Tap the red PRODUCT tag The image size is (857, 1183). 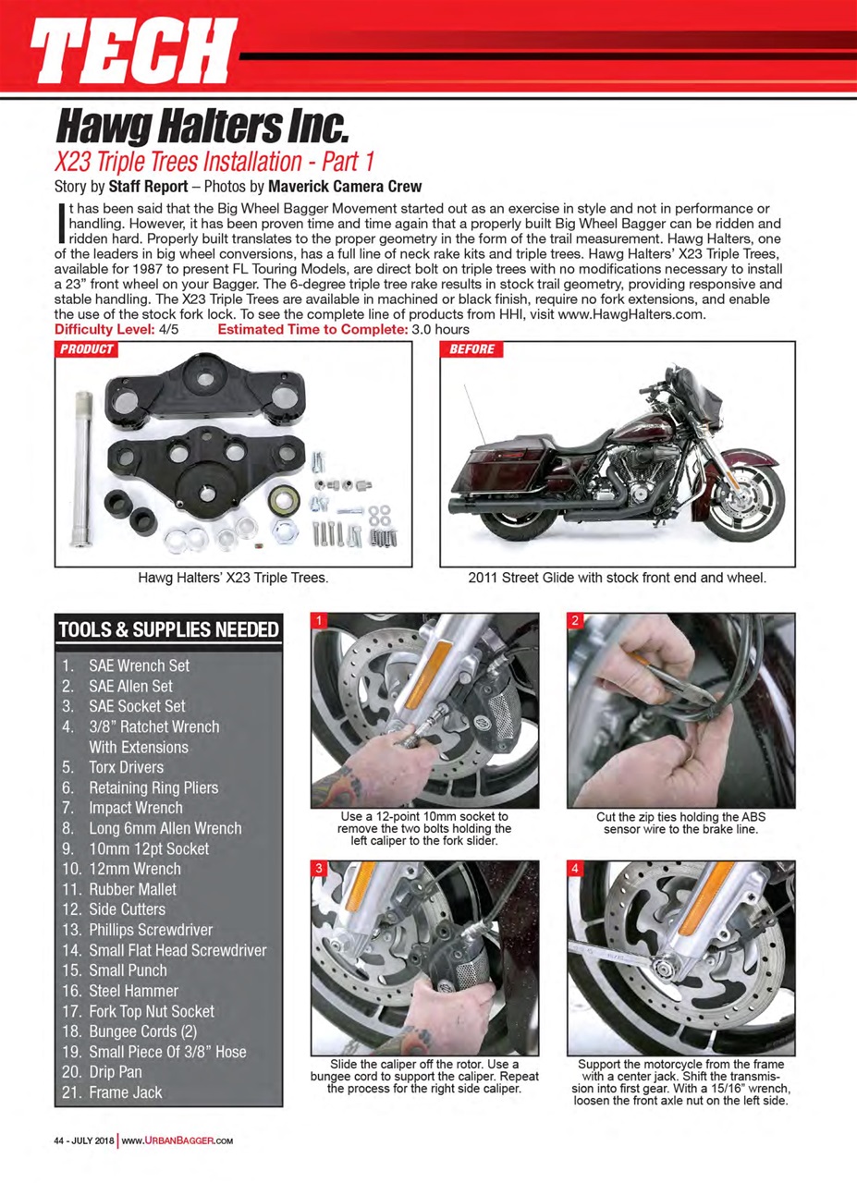[87, 349]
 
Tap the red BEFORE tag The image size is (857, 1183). [471, 349]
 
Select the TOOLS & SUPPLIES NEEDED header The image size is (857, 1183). [168, 630]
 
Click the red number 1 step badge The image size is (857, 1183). [319, 621]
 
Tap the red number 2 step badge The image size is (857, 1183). [574, 621]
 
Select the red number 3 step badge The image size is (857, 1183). [319, 869]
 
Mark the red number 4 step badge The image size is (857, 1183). [574, 869]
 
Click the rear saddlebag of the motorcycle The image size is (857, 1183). [499, 476]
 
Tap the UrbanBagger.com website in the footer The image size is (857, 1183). [177, 1140]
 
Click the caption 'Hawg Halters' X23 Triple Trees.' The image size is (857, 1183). [234, 579]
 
